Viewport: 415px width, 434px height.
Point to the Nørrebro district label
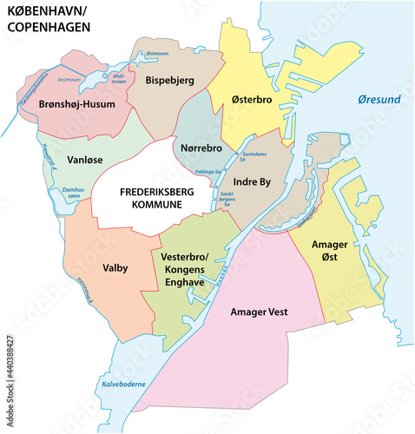[201, 148]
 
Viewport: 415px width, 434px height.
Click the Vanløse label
[86, 161]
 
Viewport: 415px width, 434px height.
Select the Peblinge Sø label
[207, 173]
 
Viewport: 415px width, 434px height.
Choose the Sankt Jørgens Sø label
[229, 198]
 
